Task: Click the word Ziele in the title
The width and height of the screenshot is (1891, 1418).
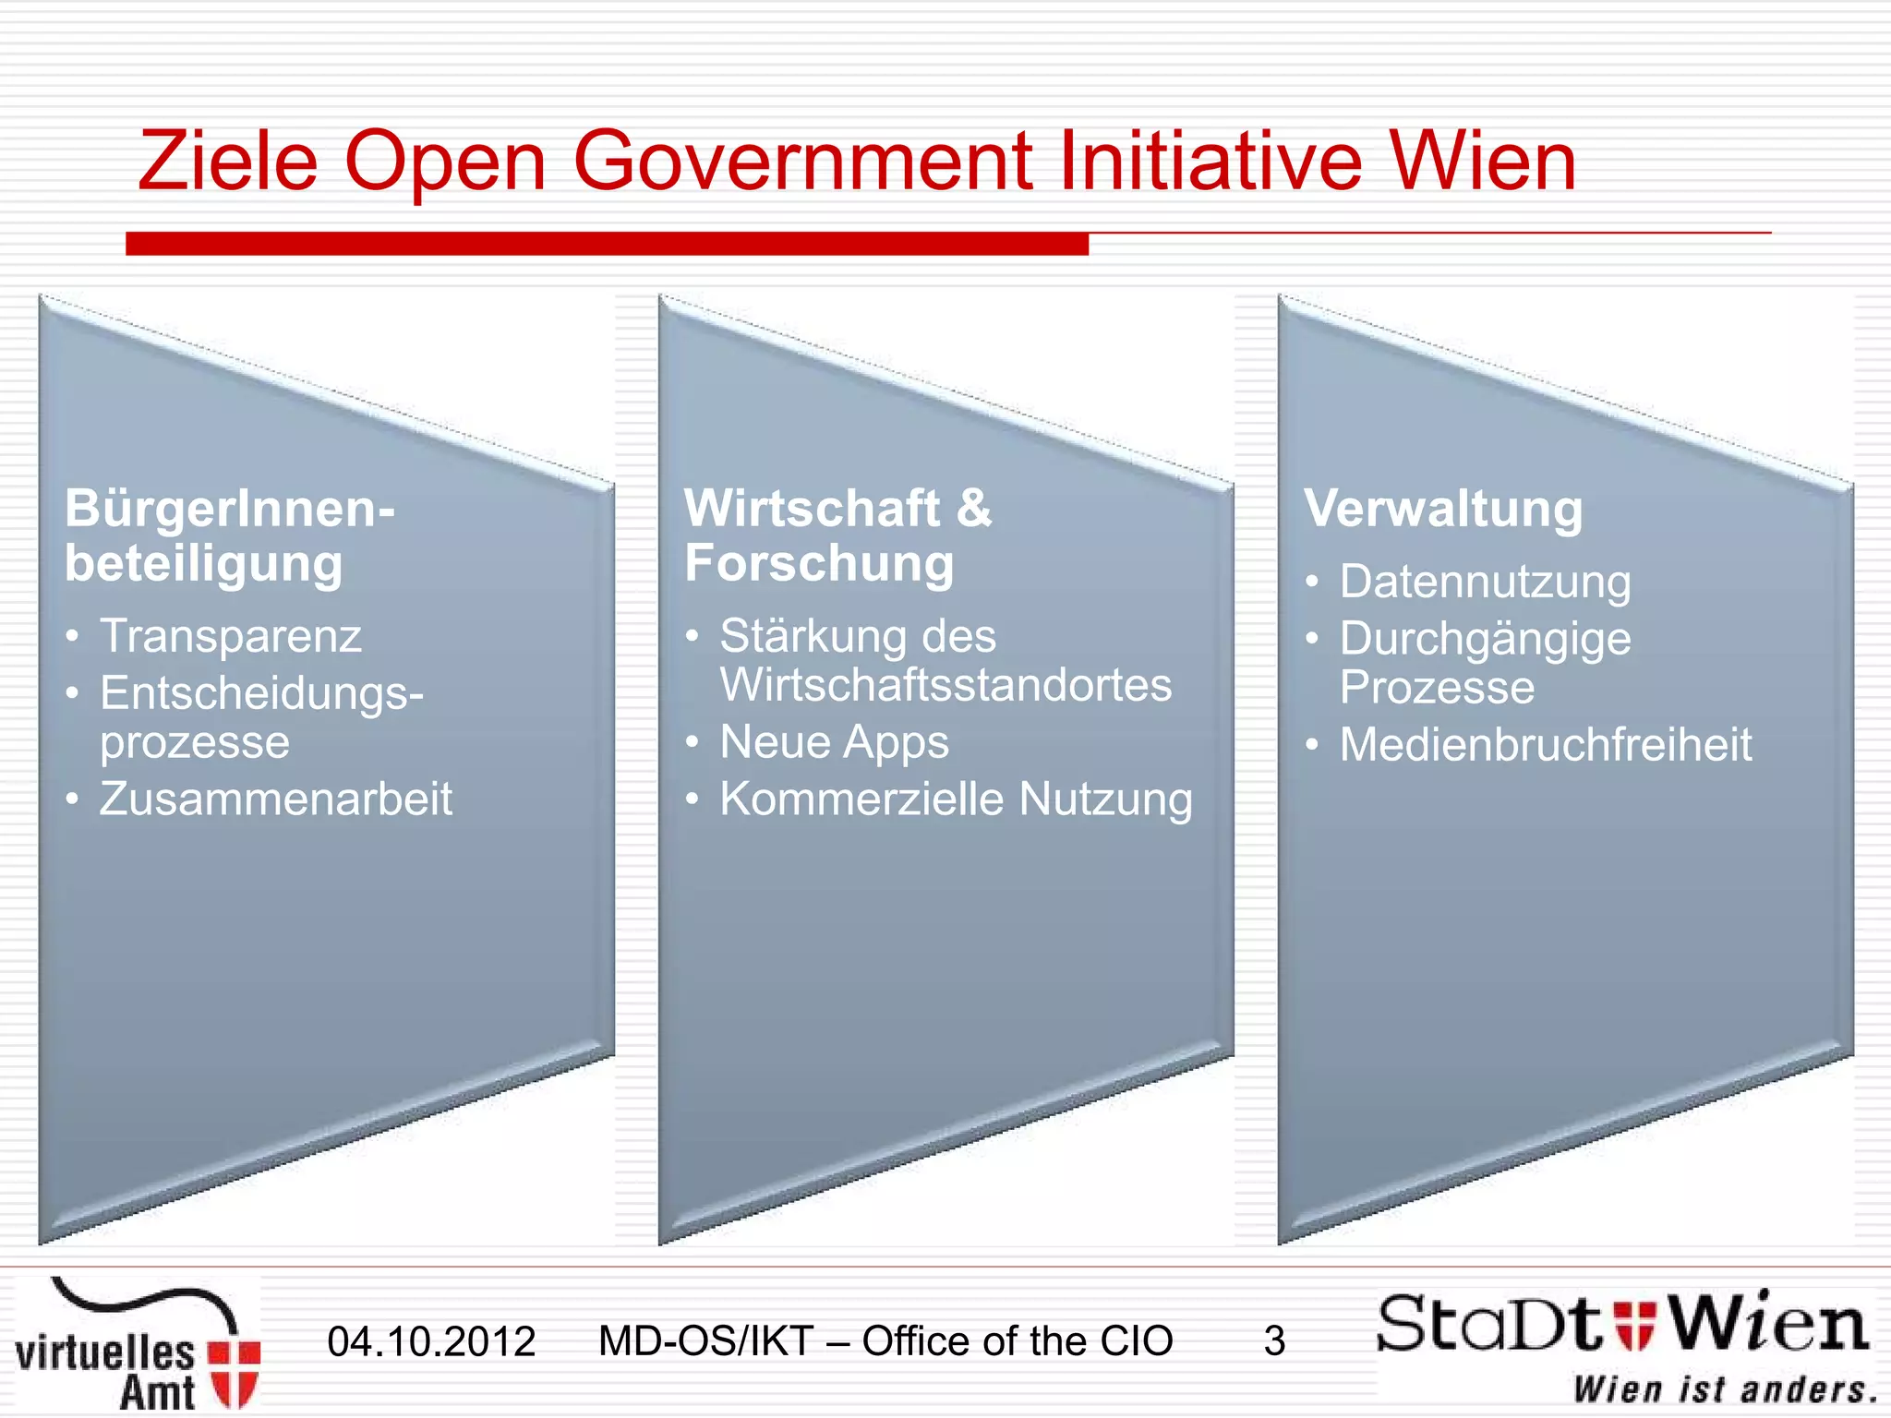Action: [x=228, y=162]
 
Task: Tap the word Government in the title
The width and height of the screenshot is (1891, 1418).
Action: [x=802, y=162]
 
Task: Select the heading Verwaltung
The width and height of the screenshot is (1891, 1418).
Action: [x=1443, y=510]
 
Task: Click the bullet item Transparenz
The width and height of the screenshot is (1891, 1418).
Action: [x=231, y=636]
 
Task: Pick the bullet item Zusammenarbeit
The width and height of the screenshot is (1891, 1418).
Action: [x=276, y=799]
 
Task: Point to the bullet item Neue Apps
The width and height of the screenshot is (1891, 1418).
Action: [x=834, y=742]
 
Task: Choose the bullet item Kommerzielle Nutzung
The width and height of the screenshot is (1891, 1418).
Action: [x=956, y=799]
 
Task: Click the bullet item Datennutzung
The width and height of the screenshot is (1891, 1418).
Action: [x=1485, y=583]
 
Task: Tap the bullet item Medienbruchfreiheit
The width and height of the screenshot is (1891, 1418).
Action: [x=1545, y=745]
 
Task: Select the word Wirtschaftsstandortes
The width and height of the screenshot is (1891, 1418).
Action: [x=945, y=685]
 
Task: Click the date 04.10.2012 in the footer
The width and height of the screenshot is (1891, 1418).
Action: [x=431, y=1341]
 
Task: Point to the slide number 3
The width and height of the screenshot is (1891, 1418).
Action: [x=1274, y=1341]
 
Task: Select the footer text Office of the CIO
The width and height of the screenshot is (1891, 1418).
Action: [x=1017, y=1341]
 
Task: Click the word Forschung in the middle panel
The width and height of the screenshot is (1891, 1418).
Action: [x=819, y=563]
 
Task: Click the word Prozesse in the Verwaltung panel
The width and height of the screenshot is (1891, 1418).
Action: [x=1437, y=688]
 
